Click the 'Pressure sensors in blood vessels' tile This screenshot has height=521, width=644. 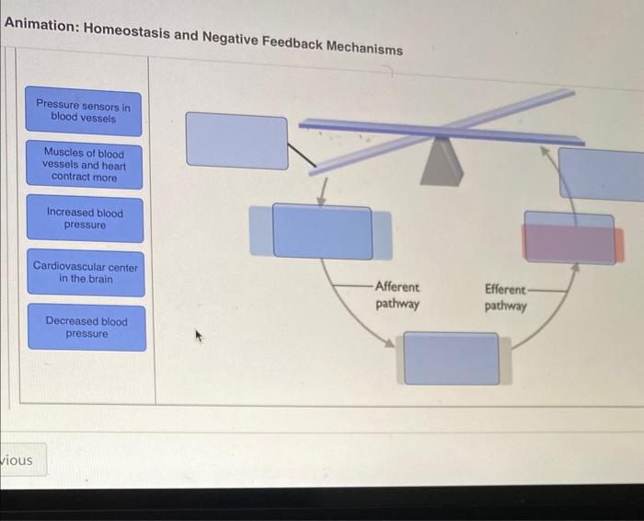[x=83, y=112]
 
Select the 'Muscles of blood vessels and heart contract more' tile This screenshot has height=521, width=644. [x=85, y=165]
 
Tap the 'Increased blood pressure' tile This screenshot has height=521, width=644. [x=85, y=218]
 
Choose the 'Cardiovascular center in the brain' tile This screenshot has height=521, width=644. [x=86, y=272]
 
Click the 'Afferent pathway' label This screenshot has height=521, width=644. [x=397, y=295]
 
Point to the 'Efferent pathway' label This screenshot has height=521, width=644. [x=506, y=296]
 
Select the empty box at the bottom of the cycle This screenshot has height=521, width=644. [x=451, y=358]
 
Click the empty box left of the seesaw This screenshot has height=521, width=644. [x=237, y=140]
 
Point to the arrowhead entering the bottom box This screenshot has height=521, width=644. [x=391, y=343]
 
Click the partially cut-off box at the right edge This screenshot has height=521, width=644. [x=602, y=172]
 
